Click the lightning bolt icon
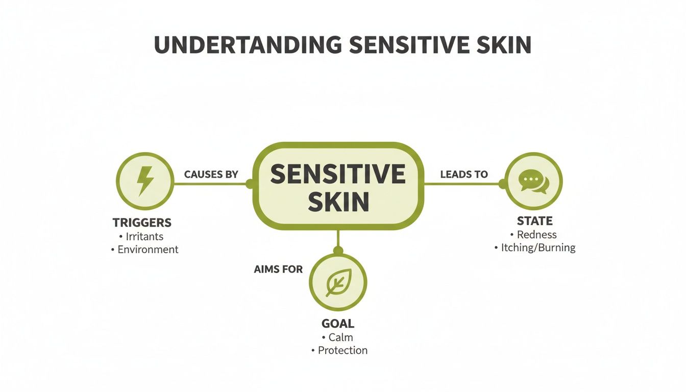(145, 181)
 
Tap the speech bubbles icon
(534, 181)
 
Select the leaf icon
(338, 282)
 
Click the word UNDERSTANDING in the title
(248, 45)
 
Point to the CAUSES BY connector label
(211, 175)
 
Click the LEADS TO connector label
(464, 175)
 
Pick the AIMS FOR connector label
(278, 269)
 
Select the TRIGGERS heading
(142, 223)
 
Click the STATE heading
(534, 221)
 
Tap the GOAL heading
(338, 324)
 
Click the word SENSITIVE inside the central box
(338, 175)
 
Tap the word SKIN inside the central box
(338, 203)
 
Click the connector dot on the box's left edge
(250, 184)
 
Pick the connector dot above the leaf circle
(338, 250)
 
